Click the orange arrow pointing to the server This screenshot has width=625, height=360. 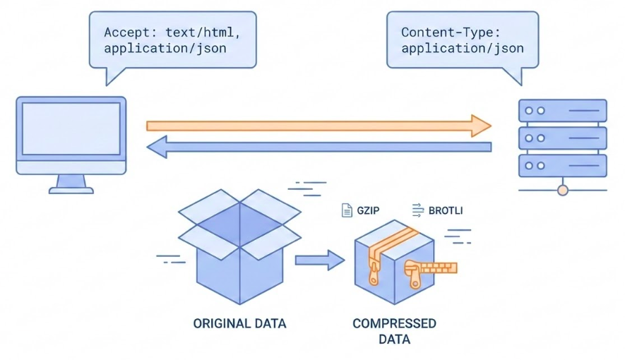[318, 126]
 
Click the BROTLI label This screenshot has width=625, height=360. [446, 210]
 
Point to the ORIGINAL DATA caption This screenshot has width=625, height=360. [239, 324]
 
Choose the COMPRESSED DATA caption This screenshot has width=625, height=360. [394, 331]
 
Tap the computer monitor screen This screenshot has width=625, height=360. [71, 128]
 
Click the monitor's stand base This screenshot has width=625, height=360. [71, 189]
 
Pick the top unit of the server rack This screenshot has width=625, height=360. [562, 111]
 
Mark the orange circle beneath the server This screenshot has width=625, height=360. [562, 189]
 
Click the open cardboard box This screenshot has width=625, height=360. [240, 247]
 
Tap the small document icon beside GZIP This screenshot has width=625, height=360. [347, 210]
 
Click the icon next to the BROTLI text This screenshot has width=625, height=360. [417, 210]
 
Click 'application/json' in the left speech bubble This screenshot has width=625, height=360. [169, 49]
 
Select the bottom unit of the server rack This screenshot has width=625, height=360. [562, 166]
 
